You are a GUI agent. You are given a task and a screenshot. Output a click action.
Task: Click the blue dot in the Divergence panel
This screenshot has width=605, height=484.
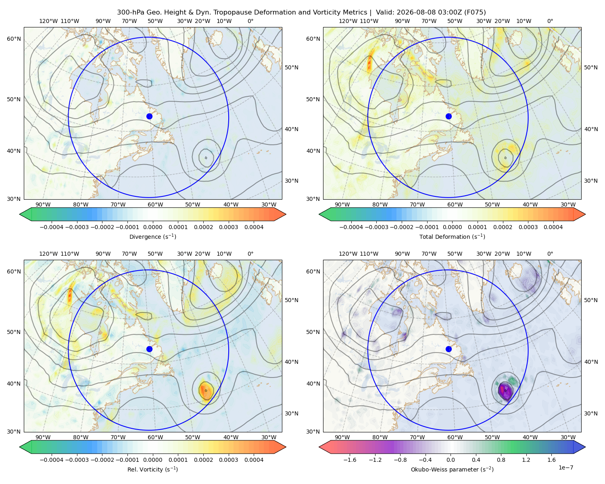click(x=149, y=116)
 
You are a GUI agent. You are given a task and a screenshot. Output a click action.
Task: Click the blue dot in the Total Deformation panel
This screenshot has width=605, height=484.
click(x=449, y=116)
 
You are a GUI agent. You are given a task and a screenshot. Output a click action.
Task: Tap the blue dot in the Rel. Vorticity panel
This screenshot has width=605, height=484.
click(x=149, y=349)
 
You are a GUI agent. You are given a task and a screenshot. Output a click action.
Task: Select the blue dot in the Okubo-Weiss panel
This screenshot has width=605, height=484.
click(x=449, y=349)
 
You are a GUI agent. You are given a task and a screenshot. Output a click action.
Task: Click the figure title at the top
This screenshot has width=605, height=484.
click(x=301, y=13)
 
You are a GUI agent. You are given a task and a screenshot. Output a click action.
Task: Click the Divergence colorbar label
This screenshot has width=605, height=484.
click(x=152, y=237)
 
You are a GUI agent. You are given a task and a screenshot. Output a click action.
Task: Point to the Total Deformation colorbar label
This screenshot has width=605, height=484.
click(x=452, y=237)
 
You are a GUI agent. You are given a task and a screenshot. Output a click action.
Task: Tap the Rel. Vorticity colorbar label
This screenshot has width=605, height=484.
click(x=152, y=469)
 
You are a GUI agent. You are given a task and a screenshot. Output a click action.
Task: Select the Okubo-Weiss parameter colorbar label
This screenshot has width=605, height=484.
click(x=452, y=469)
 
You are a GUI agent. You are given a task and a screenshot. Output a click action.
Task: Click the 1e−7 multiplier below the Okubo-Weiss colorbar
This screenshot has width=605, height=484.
click(x=565, y=467)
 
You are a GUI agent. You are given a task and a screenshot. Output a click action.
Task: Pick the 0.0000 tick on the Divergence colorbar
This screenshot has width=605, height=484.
click(x=152, y=227)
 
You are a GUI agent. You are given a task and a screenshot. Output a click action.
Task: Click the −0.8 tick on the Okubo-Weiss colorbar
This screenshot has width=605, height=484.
click(x=400, y=460)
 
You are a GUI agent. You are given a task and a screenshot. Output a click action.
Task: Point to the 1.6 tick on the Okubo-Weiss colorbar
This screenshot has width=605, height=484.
click(x=551, y=460)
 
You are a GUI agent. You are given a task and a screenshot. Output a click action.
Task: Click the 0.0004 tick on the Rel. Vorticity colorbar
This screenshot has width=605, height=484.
click(x=254, y=460)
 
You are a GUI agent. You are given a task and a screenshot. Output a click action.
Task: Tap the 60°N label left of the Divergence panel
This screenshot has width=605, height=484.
click(x=14, y=39)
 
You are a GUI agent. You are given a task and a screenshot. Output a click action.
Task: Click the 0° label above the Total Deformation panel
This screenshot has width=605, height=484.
click(x=550, y=21)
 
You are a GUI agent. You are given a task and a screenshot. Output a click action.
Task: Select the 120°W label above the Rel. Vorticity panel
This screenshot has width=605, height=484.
click(x=48, y=254)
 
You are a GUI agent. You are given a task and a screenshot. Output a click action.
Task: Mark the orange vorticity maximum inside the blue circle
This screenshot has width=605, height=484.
click(x=206, y=390)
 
